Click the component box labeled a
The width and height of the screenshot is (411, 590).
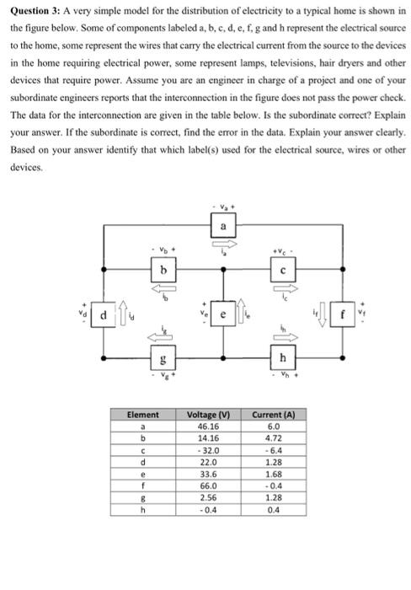222,226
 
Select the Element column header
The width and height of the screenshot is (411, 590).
141,416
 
